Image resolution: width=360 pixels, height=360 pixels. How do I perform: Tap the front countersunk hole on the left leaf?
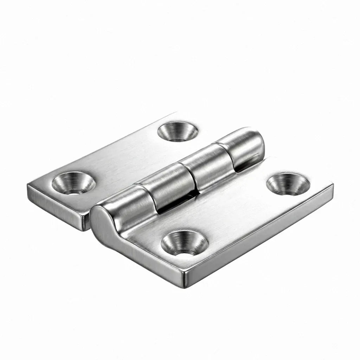coord(74,182)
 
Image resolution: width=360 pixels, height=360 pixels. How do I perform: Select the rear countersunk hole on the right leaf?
coord(288,184)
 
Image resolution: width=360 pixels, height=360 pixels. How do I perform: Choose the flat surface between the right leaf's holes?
coord(236,213)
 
